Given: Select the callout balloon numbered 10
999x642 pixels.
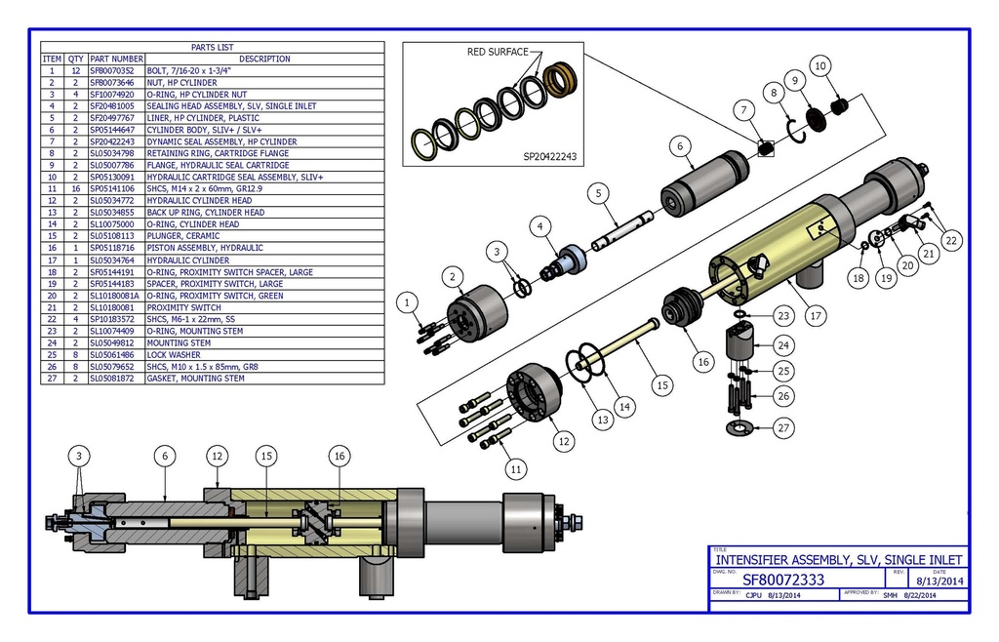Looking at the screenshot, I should point(820,65).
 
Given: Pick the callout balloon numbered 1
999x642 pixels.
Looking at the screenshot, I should point(407,303).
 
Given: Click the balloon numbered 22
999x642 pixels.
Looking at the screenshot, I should point(951,239).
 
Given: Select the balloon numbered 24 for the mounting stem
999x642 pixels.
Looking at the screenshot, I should point(783,344).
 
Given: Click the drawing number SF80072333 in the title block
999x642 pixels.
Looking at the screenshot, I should point(782,580).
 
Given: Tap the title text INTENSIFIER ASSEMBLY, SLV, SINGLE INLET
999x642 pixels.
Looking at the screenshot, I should point(838,560).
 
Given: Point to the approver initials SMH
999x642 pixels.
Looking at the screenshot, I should point(890,595).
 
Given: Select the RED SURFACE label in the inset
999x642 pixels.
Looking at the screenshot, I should point(498,52).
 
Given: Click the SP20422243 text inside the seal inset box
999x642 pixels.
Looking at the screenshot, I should point(550,156).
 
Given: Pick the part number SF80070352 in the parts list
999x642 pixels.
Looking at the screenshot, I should point(116,71).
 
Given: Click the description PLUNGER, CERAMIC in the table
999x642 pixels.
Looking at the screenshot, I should point(182,235).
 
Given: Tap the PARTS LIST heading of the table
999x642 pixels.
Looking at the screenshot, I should point(212,47).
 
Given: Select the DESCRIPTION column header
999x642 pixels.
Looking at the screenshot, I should point(263,59).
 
